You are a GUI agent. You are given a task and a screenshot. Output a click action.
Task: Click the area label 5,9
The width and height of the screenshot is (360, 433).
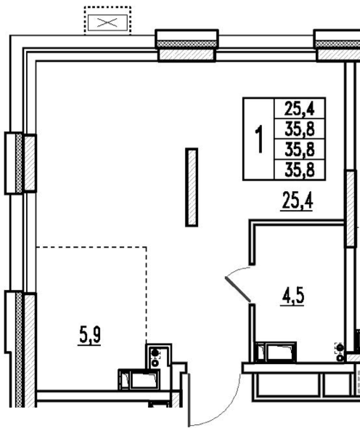coord(90,334)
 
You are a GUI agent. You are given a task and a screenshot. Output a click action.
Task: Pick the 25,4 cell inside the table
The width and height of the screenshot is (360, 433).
coord(300,108)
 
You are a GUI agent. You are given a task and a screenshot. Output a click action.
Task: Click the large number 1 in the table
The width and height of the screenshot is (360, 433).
coord(259,139)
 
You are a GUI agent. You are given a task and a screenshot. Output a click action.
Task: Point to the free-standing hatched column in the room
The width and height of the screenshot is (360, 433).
coord(192,187)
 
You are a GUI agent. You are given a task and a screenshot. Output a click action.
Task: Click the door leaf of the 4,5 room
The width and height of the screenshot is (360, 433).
coord(238,289)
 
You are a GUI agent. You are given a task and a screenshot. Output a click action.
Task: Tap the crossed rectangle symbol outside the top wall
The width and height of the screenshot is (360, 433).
coord(107,23)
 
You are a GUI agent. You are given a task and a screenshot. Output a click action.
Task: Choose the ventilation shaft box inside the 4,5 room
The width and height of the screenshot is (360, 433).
coord(275,352)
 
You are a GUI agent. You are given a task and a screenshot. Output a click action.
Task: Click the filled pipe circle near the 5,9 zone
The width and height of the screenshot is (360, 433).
coord(155,352)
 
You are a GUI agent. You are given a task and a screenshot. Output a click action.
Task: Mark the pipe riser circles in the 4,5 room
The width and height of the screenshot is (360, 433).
coord(340,352)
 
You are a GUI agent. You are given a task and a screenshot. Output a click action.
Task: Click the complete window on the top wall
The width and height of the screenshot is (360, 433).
coord(187,45)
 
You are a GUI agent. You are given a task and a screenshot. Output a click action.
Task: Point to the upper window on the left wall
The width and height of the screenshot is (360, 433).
coord(21,163)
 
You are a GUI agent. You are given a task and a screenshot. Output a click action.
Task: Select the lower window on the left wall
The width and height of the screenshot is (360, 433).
coord(21,349)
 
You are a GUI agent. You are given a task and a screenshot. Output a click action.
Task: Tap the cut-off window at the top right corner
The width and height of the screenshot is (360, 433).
coord(337,45)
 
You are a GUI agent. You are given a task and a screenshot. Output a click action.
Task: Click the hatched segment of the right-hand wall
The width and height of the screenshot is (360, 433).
coord(351,209)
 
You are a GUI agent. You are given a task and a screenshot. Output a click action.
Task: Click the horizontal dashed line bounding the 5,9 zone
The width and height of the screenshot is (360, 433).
coord(91,246)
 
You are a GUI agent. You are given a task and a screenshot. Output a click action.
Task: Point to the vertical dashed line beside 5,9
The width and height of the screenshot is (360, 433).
coord(146,295)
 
